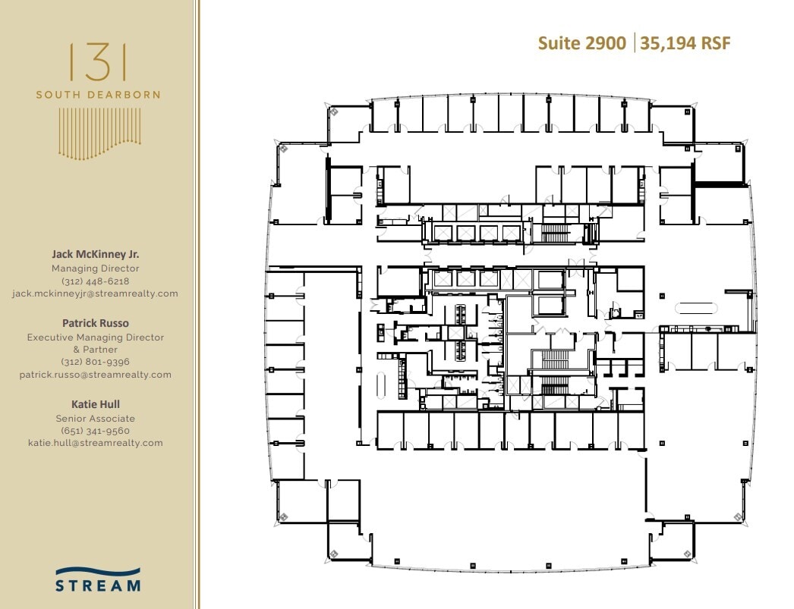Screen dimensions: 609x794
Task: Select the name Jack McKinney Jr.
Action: [95, 255]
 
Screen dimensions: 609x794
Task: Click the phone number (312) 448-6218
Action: [95, 281]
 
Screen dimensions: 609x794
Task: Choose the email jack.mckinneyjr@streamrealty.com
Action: [95, 294]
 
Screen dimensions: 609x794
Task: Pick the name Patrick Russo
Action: [95, 323]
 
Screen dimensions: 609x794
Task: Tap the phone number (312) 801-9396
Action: [95, 362]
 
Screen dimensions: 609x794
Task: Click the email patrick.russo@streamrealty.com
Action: [95, 375]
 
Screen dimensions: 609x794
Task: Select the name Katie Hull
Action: [95, 404]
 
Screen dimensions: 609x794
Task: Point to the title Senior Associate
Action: [95, 418]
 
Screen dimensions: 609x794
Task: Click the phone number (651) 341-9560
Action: [95, 430]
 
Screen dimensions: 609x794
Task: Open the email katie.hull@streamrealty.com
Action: [95, 443]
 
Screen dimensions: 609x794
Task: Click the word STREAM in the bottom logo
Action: [97, 585]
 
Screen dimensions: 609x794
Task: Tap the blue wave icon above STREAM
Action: [97, 571]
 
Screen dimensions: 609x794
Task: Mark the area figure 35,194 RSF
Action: [685, 43]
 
